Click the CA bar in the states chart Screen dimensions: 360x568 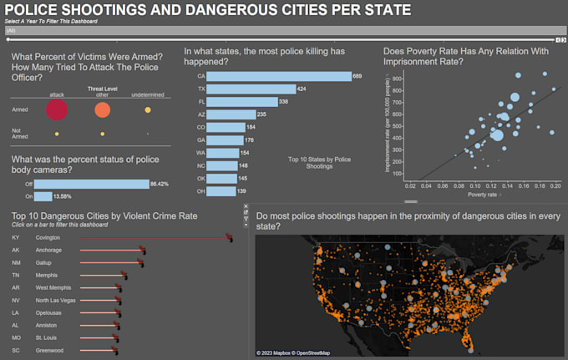pos(278,76)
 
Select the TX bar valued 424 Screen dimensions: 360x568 pos(250,89)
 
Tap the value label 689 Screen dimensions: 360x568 pos(357,76)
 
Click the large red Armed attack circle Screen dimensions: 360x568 pos(57,109)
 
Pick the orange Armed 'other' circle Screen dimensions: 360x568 pos(102,109)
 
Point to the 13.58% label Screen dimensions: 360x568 pos(63,196)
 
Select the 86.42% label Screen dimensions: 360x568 pos(160,184)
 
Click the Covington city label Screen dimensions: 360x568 pos(48,237)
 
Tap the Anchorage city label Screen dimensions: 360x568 pos(48,250)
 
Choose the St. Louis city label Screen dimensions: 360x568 pos(47,337)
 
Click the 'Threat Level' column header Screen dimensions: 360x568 pos(102,88)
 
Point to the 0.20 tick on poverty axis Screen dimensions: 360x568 pos(555,186)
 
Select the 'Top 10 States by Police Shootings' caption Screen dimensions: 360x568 pos(319,162)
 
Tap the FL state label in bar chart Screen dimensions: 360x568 pos(200,101)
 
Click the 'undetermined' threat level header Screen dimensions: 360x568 pos(148,94)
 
